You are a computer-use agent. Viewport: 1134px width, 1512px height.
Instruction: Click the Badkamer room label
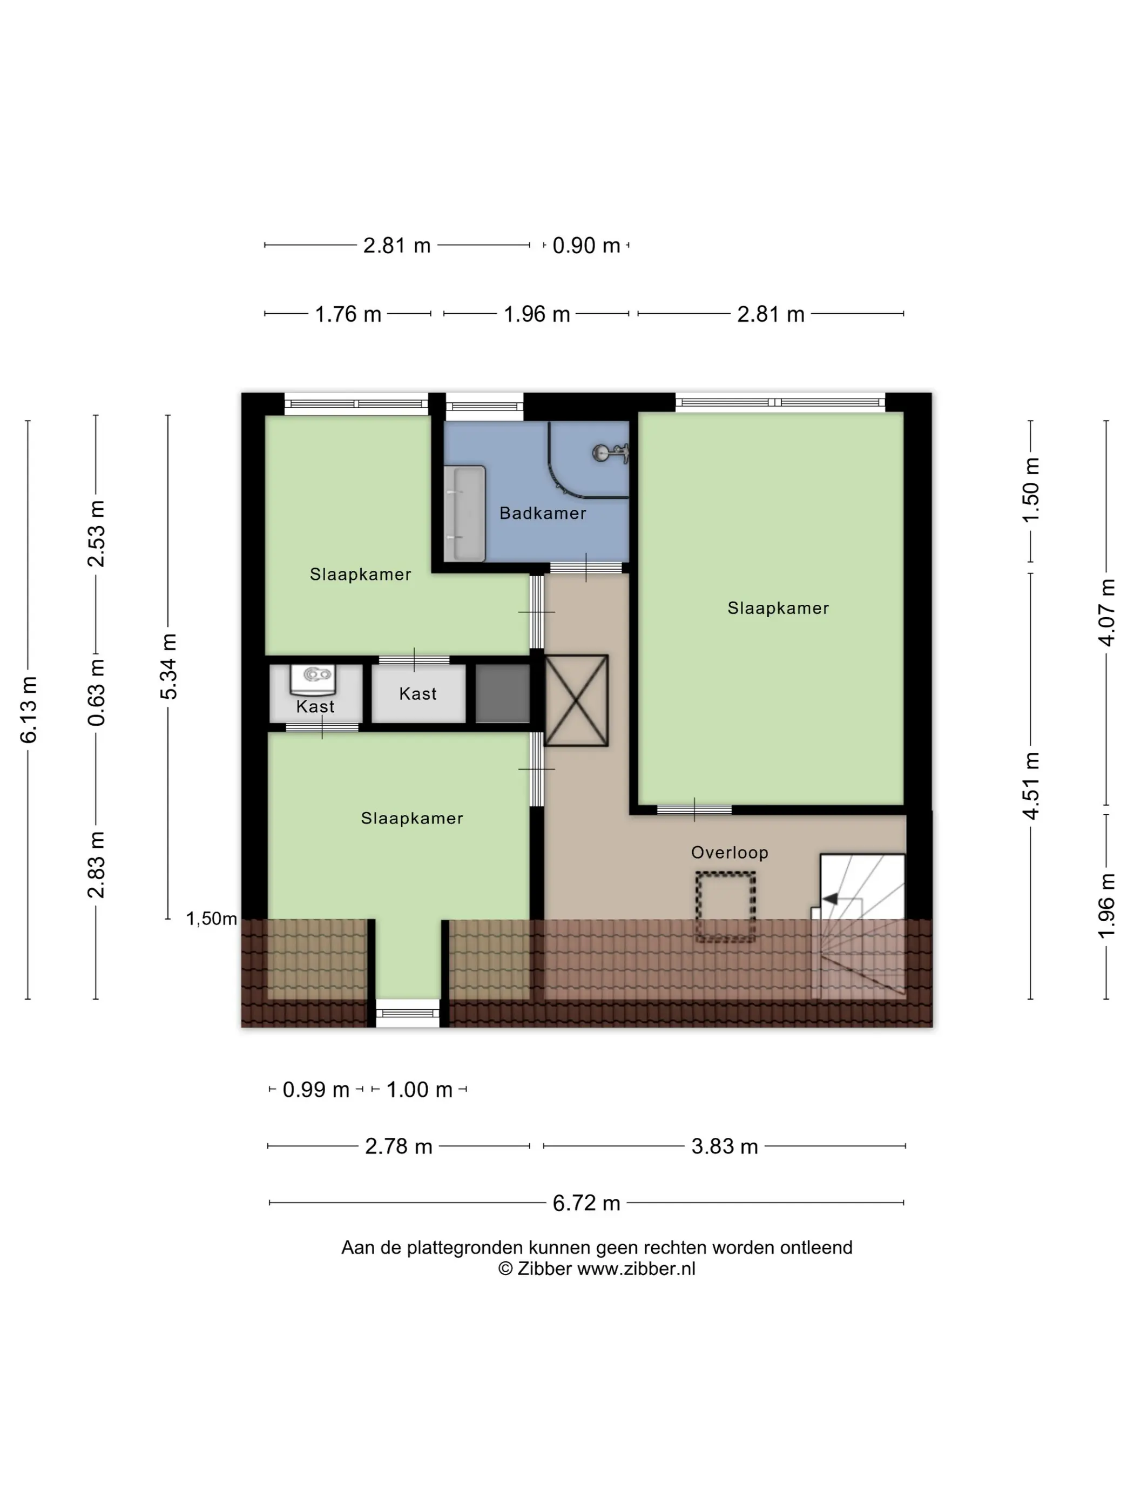tap(543, 514)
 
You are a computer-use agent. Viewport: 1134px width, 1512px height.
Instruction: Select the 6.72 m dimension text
tap(586, 1203)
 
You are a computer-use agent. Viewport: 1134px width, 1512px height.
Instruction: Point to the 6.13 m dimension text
tap(29, 710)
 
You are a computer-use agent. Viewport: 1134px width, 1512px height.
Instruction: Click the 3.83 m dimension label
tap(725, 1146)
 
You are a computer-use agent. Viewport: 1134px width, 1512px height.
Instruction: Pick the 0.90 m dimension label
tap(586, 245)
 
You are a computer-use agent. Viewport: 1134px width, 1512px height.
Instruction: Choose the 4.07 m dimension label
tap(1106, 612)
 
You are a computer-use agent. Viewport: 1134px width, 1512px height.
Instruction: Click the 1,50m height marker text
tap(212, 919)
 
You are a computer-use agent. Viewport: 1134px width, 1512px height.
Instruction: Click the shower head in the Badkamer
tap(610, 453)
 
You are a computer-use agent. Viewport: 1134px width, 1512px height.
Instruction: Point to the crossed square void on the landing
tap(576, 700)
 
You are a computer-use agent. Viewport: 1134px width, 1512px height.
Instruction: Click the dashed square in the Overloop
tap(725, 906)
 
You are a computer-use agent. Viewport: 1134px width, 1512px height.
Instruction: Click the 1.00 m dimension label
tap(420, 1090)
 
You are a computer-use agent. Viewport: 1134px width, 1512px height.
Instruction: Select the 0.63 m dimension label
tap(96, 692)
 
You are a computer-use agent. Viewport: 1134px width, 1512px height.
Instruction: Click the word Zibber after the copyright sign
tap(544, 1268)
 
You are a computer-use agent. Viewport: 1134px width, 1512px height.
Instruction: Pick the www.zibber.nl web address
tap(636, 1268)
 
